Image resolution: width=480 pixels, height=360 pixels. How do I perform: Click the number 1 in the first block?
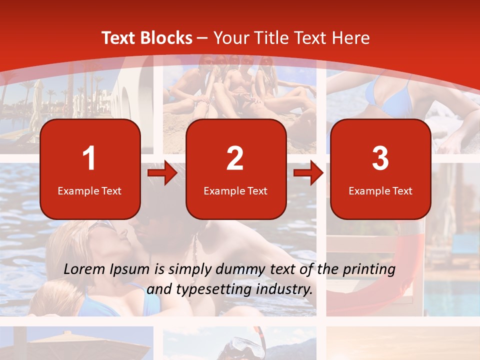(x=89, y=159)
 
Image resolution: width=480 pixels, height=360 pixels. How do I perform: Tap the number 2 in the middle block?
(x=235, y=159)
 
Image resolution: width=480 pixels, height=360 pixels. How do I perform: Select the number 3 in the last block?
(x=380, y=159)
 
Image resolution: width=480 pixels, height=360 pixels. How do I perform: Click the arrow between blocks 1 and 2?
(x=162, y=173)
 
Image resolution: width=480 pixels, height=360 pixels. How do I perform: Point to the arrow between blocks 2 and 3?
(x=308, y=173)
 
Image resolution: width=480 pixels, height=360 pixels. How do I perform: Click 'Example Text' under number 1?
(x=89, y=191)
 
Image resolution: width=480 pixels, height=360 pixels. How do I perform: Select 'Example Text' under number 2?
(x=235, y=191)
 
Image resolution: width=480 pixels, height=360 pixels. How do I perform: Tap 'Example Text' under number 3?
(x=380, y=191)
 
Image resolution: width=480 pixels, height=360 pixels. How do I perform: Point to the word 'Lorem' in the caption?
(x=84, y=269)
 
